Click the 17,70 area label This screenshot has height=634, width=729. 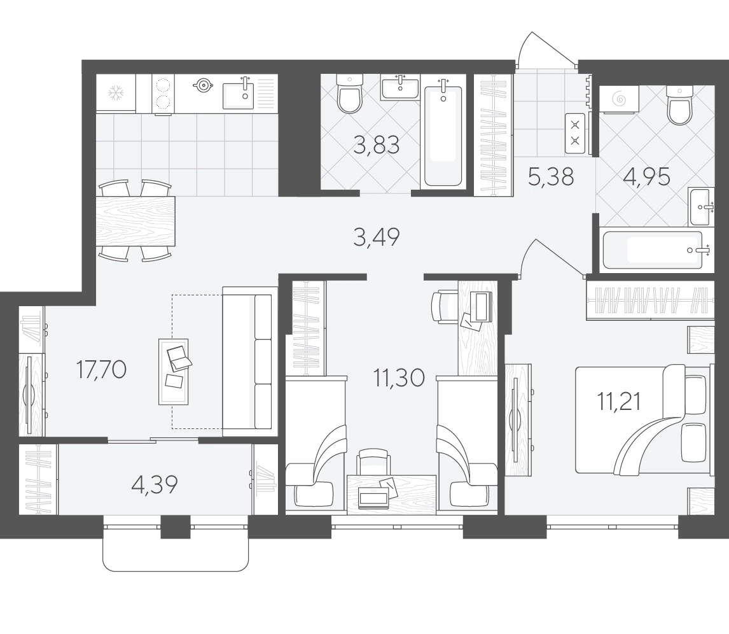click(x=101, y=370)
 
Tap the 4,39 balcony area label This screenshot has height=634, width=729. click(x=155, y=485)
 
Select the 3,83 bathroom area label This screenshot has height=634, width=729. click(x=376, y=146)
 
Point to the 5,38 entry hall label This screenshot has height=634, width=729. click(x=551, y=177)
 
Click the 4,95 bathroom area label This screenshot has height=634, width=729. click(x=647, y=177)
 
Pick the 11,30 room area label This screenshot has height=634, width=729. click(x=399, y=377)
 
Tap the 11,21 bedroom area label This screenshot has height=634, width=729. click(x=620, y=402)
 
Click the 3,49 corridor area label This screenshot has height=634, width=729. click(x=376, y=237)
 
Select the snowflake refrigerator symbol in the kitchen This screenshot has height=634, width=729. click(x=116, y=93)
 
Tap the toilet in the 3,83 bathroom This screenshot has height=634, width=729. click(x=349, y=94)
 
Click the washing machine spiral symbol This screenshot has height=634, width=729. click(x=619, y=99)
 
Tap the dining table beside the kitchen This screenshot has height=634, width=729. click(x=135, y=221)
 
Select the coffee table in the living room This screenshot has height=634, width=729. click(x=174, y=372)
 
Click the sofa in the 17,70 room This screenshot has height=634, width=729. click(x=247, y=362)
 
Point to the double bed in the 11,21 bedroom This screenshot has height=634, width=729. click(x=644, y=419)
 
